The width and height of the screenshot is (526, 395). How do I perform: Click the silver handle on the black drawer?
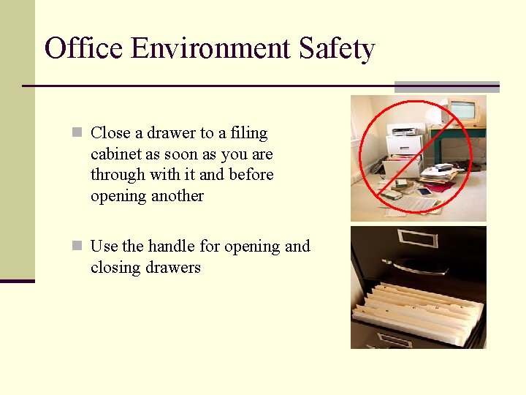[421, 267]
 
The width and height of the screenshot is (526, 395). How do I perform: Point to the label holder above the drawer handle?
[416, 238]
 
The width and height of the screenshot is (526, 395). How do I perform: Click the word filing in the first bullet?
[248, 133]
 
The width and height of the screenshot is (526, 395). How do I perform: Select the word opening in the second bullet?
[251, 247]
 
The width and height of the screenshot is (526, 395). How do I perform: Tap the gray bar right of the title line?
[446, 86]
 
